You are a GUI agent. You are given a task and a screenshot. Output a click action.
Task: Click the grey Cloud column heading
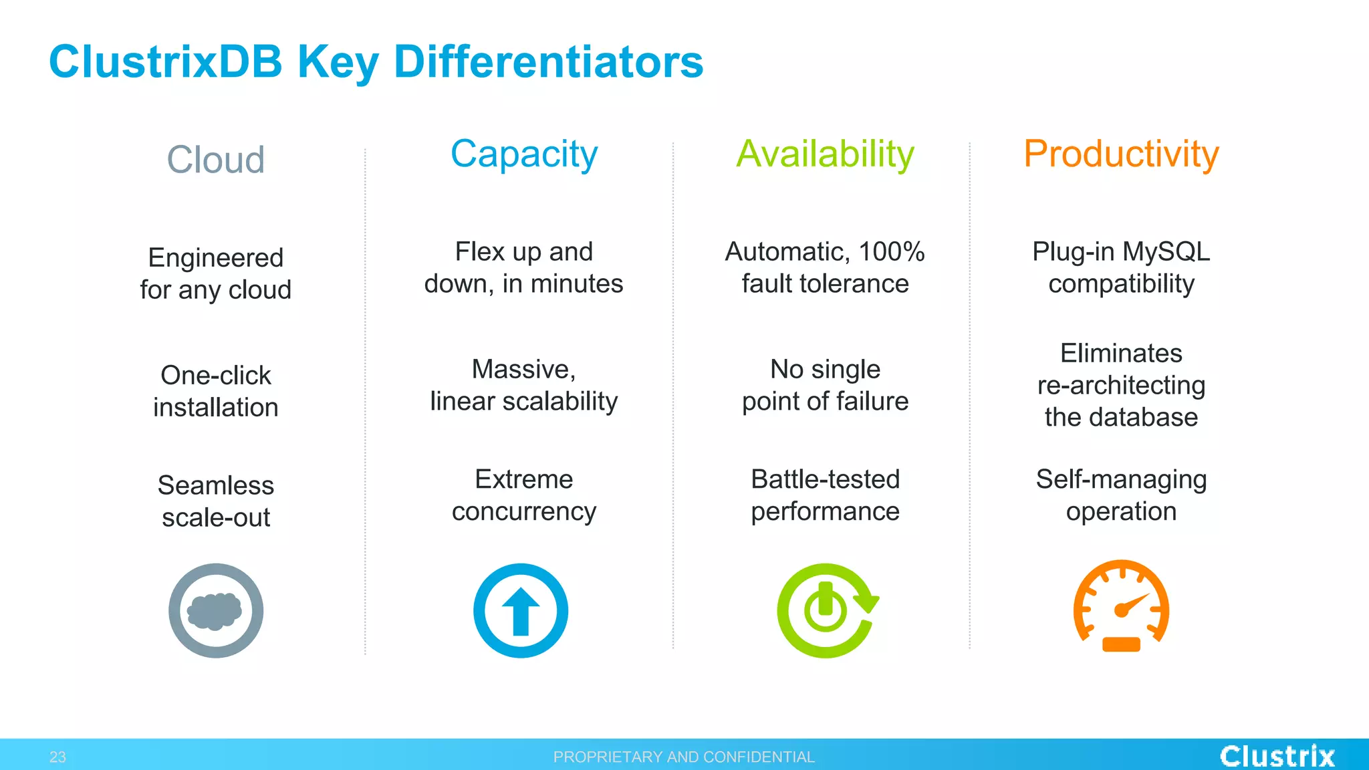tap(215, 160)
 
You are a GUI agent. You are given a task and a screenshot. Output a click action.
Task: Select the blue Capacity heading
tap(523, 154)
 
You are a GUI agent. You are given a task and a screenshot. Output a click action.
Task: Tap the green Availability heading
tap(825, 154)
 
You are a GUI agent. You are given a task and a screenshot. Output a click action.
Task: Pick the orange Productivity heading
tap(1121, 154)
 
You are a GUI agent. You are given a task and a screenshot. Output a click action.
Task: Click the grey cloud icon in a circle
tap(215, 610)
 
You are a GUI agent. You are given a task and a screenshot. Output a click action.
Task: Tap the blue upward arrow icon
tap(521, 610)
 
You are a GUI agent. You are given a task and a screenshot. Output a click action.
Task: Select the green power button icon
tap(826, 610)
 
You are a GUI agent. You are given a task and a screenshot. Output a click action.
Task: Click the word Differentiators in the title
tap(548, 61)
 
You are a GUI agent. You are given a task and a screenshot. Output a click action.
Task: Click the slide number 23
tap(57, 757)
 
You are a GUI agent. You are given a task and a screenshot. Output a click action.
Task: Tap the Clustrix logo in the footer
tap(1277, 756)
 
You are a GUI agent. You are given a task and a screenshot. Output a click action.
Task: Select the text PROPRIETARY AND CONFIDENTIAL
tap(684, 757)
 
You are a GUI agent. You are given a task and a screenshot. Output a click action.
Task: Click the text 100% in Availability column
tap(891, 252)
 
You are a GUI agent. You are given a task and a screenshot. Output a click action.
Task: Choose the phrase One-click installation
tap(215, 391)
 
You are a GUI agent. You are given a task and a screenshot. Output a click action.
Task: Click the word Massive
tap(523, 369)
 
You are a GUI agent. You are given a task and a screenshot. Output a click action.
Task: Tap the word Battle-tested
tap(825, 479)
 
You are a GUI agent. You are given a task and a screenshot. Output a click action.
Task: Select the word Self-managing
tap(1121, 479)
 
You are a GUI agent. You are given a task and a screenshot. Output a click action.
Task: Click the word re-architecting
tap(1121, 385)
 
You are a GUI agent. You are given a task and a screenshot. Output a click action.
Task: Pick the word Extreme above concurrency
tap(523, 479)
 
